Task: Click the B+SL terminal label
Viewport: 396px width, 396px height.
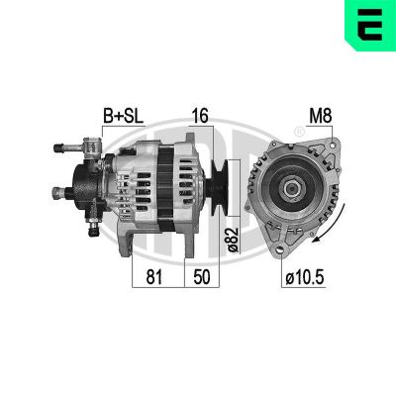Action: tap(124, 116)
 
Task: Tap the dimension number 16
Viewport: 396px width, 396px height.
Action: tap(200, 116)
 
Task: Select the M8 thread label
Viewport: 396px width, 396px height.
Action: tap(320, 116)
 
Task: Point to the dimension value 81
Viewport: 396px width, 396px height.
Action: tap(154, 276)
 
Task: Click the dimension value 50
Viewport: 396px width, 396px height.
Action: tap(202, 276)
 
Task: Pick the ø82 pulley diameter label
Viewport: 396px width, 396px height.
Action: tap(233, 240)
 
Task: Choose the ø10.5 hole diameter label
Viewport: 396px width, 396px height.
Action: tap(305, 277)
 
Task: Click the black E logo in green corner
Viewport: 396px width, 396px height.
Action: tap(369, 24)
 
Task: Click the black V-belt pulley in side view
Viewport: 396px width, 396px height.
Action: tap(219, 188)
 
